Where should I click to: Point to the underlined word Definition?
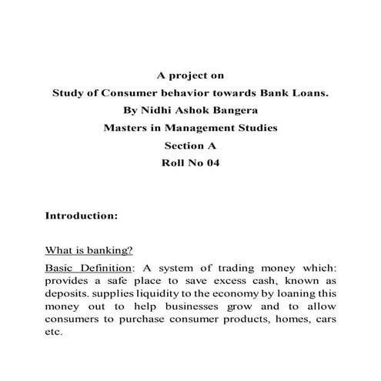point(104,267)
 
